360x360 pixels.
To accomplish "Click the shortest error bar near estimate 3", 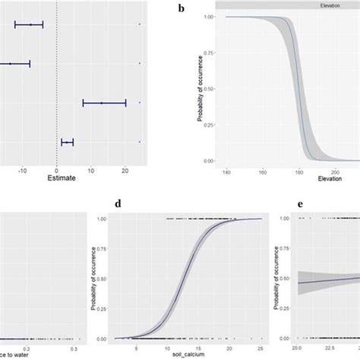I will pyautogui.click(x=68, y=141).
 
